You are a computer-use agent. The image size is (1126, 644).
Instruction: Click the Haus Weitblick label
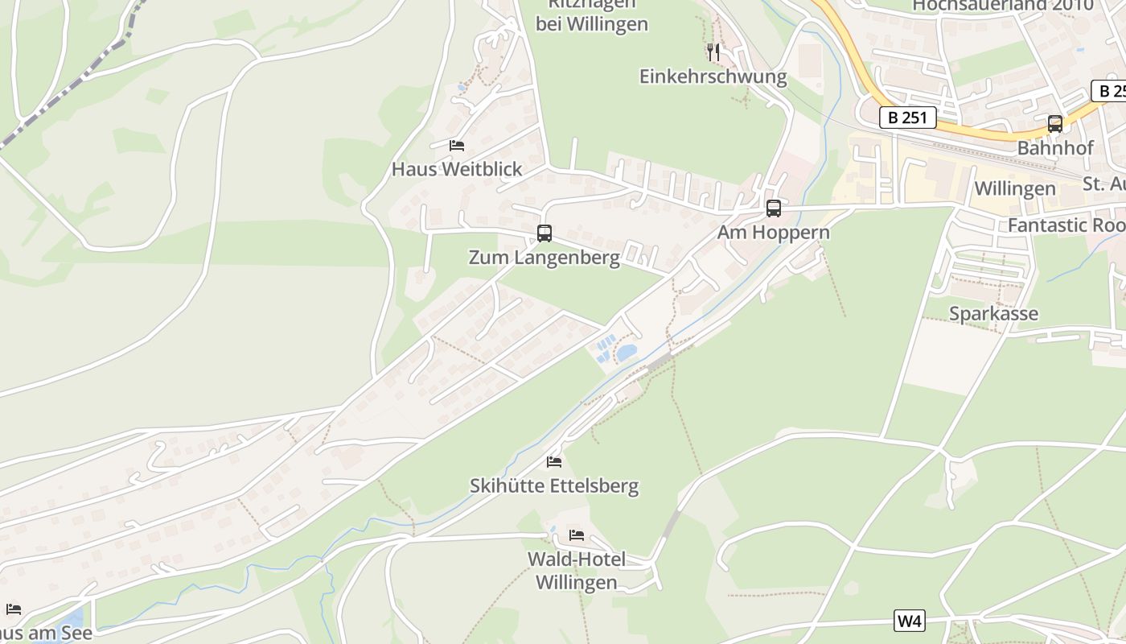coord(457,169)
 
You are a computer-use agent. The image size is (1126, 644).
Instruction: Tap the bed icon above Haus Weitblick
coord(457,146)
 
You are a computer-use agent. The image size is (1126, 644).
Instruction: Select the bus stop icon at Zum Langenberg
coord(545,233)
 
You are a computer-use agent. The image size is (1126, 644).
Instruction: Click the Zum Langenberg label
coord(545,258)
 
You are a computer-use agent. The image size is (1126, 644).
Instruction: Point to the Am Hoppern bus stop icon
coord(774,208)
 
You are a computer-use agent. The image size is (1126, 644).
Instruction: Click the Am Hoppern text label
coord(774,233)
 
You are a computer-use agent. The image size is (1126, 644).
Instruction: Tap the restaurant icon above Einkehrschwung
coord(713,52)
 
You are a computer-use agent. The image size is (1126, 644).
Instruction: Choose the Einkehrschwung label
coord(713,76)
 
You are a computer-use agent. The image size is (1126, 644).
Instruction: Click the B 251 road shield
coord(908,118)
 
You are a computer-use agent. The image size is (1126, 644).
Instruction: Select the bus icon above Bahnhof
coord(1055,124)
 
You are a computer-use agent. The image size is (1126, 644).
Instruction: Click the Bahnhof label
coord(1055,148)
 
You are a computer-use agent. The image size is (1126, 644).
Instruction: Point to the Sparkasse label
coord(993,314)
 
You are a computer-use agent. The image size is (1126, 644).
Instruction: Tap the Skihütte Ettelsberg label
coord(554,485)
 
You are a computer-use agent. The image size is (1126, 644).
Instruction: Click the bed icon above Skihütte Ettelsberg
coord(554,462)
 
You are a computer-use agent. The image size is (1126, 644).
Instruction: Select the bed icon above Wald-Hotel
coord(577,535)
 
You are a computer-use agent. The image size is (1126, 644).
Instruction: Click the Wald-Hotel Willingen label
coord(577,571)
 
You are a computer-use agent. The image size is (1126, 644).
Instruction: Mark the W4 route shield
coord(909,621)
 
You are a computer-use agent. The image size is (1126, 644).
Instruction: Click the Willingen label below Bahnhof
coord(1014,188)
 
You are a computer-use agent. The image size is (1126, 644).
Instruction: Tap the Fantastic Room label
coord(1066,225)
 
